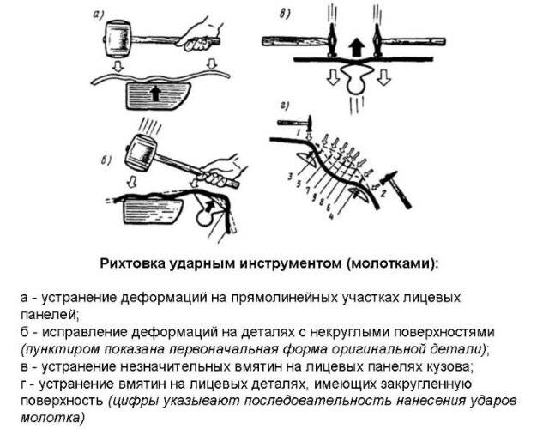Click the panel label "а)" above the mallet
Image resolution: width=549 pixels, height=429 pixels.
coord(98,15)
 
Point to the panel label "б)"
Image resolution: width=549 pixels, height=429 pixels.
coord(106,160)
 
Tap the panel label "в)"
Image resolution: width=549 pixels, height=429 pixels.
coord(284,15)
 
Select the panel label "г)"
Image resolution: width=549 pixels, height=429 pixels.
coord(284,105)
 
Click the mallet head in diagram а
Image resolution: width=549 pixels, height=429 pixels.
coord(118,39)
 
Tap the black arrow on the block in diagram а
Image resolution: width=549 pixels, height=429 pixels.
coord(155,94)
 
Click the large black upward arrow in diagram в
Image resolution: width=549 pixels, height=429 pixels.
coord(357,47)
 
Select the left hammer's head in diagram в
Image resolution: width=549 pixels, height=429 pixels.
coord(332,40)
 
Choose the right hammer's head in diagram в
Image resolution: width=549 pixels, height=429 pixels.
coord(378,40)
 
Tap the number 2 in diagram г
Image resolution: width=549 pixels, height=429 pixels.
coord(383,192)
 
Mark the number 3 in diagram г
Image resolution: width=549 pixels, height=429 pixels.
coord(290,177)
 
